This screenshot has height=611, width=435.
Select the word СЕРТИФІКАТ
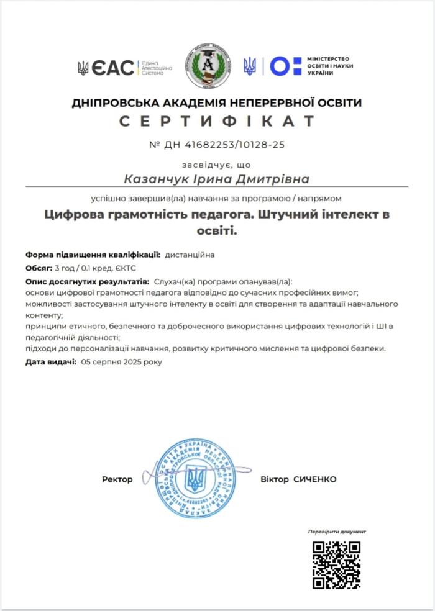217,121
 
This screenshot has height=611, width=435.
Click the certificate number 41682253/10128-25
226,145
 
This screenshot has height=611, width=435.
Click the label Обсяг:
39,268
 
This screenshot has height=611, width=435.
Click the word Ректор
117,479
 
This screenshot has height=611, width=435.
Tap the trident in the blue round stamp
195,479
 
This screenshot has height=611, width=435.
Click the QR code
336,564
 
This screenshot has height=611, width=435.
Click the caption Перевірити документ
337,532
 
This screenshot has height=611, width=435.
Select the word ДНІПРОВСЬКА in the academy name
112,102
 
